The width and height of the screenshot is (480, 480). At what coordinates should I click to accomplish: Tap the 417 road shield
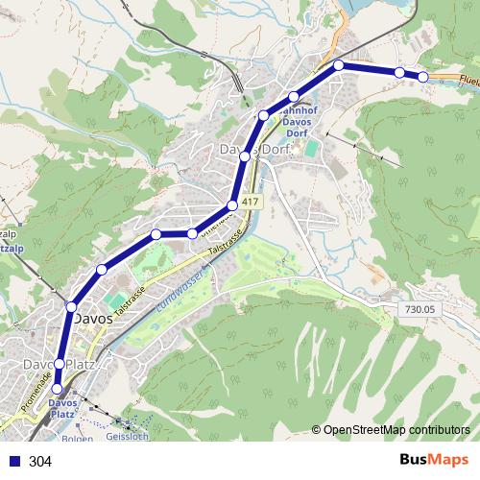tap(251, 202)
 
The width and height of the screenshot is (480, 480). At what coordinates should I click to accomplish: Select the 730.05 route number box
tap(420, 309)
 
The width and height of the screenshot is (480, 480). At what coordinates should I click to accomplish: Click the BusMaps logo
tap(434, 460)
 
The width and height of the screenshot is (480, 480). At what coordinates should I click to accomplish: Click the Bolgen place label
tap(78, 440)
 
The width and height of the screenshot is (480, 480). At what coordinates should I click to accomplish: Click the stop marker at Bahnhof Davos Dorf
tap(294, 97)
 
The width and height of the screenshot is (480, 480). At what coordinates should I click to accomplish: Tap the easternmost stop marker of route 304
tap(422, 77)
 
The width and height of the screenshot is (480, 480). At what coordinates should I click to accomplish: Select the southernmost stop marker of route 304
tap(58, 389)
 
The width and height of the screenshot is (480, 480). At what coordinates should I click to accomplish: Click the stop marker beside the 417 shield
tap(232, 206)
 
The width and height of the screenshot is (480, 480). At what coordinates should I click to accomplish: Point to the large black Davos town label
tap(93, 319)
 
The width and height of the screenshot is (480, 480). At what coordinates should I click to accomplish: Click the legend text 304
tap(40, 462)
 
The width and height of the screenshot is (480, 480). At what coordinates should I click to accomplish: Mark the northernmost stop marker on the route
tap(339, 65)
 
